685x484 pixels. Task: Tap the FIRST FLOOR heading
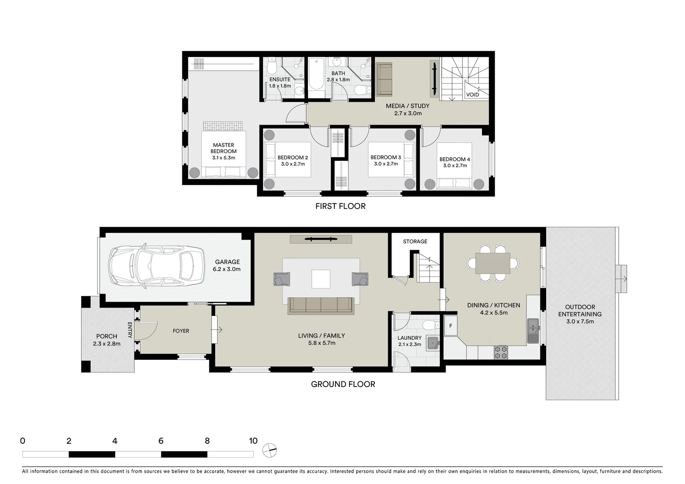(340, 206)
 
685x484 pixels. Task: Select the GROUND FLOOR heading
(343, 384)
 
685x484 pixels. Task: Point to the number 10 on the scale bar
(253, 441)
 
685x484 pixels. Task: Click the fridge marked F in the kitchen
(450, 326)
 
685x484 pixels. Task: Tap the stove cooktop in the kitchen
(500, 352)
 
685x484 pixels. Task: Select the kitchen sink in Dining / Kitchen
(533, 330)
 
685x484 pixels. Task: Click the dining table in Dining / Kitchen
(493, 263)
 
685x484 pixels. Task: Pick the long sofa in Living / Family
(321, 305)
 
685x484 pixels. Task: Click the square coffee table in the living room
(321, 279)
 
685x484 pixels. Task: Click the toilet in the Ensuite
(271, 68)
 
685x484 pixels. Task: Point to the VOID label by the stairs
(472, 95)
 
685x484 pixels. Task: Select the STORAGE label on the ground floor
(415, 242)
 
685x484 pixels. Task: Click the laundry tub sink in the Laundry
(433, 343)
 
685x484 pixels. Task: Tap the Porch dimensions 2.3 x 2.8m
(107, 344)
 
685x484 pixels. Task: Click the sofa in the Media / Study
(384, 79)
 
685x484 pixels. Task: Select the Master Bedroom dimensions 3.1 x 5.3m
(224, 158)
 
